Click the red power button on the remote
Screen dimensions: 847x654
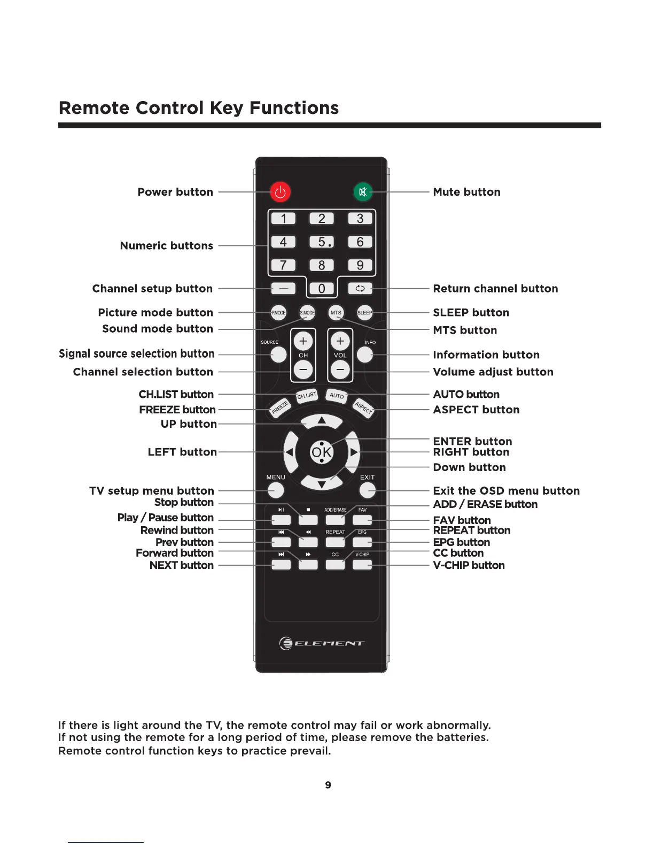(280, 192)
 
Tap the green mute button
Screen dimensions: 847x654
(363, 192)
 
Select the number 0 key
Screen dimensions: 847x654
(322, 289)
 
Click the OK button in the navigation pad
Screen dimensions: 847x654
(322, 452)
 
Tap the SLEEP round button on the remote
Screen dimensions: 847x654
(364, 313)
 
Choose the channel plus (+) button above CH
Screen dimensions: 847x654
(303, 341)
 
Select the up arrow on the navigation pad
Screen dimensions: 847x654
(322, 421)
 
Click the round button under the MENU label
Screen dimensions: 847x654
(276, 490)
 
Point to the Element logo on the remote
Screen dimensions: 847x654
(322, 643)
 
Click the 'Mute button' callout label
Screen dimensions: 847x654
(466, 192)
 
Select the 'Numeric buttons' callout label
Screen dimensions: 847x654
(166, 246)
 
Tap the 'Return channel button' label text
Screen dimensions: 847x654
(495, 289)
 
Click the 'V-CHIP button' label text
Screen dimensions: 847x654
(469, 565)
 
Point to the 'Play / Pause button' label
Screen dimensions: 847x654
(165, 518)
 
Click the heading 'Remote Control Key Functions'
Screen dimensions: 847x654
(199, 108)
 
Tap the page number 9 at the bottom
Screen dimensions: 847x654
(328, 785)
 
